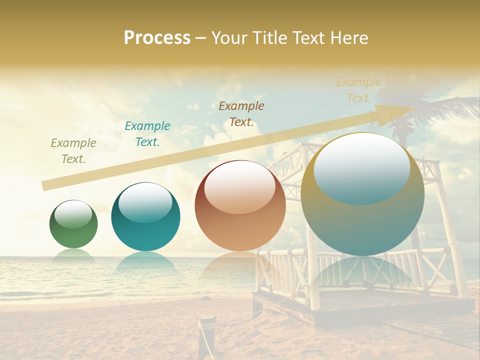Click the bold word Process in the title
(157, 38)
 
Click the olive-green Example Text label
(73, 151)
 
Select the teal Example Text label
(147, 134)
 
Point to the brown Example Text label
(241, 113)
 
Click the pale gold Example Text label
(358, 90)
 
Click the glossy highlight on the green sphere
(73, 214)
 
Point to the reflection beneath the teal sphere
(145, 262)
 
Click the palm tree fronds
(440, 107)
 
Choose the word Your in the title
(230, 38)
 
